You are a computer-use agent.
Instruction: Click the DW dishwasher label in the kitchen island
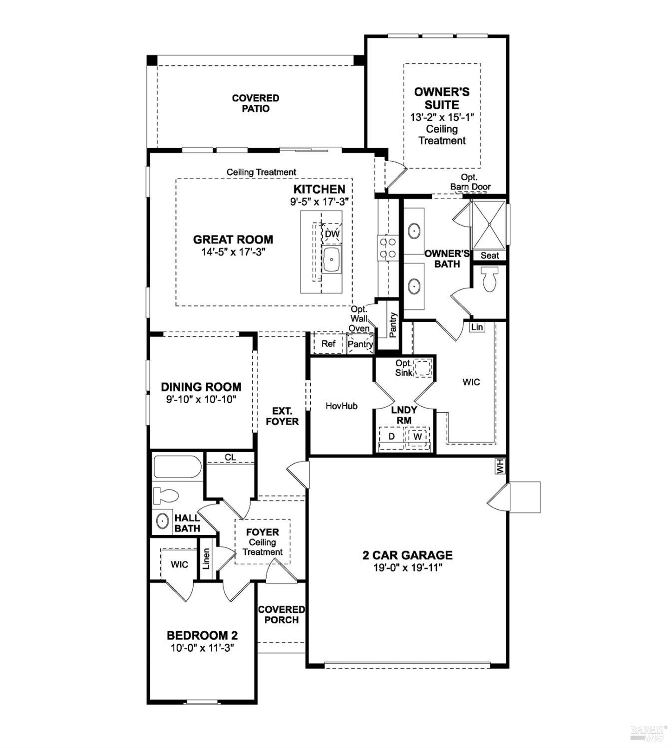point(332,234)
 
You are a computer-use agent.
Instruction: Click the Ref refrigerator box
point(328,344)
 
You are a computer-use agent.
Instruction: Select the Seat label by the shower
point(489,255)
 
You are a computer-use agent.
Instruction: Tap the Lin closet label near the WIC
point(477,327)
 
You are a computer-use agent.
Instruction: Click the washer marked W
point(418,436)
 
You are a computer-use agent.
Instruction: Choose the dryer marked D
point(392,436)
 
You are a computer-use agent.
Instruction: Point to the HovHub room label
point(341,406)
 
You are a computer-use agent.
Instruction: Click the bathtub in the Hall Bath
point(177,467)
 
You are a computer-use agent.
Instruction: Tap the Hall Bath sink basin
point(162,521)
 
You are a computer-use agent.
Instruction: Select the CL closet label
point(230,457)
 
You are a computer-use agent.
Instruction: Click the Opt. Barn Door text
point(470,182)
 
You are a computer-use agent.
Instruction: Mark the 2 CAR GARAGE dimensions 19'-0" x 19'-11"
point(407,567)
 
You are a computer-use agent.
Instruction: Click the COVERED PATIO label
point(256,103)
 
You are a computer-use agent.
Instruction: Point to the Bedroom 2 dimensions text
point(202,648)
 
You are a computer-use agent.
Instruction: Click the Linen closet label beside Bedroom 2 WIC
point(206,559)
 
